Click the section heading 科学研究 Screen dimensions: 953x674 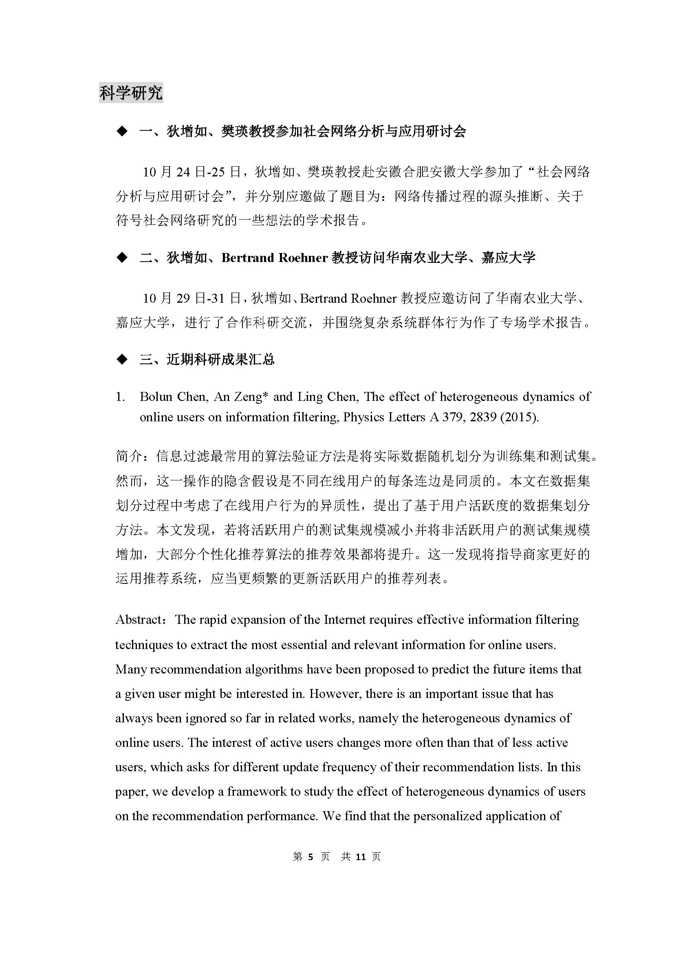pyautogui.click(x=131, y=92)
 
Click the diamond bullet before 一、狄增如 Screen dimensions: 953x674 pyautogui.click(x=122, y=132)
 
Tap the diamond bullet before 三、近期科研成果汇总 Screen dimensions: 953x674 pyautogui.click(x=122, y=359)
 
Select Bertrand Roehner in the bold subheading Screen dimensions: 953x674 pyautogui.click(x=275, y=258)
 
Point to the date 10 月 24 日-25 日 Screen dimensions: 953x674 pyautogui.click(x=192, y=172)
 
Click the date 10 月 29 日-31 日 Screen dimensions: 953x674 pyautogui.click(x=192, y=298)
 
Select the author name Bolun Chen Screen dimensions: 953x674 pyautogui.click(x=173, y=397)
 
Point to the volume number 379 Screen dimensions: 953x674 pyautogui.click(x=454, y=417)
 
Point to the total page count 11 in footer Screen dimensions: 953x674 pyautogui.click(x=361, y=857)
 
